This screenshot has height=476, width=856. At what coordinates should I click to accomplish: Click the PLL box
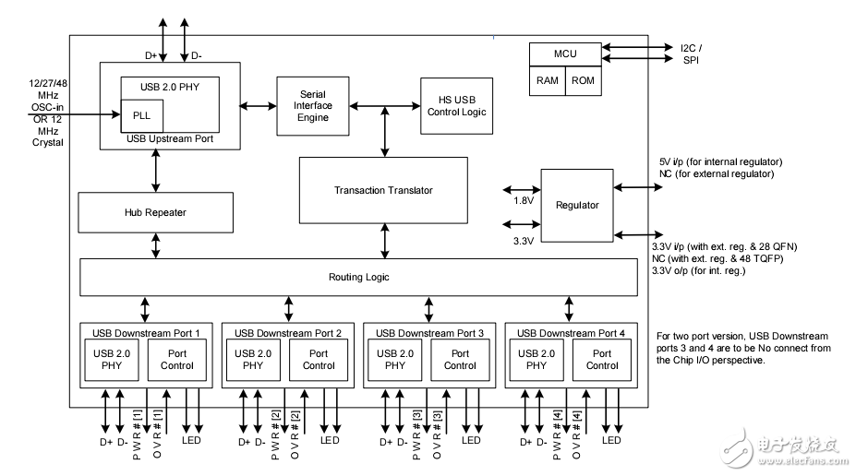pos(142,115)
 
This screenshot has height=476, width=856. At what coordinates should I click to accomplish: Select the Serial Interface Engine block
pos(313,106)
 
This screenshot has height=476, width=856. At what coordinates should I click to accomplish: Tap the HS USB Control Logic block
pos(456,105)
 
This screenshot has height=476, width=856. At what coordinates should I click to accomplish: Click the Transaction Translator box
pos(383,190)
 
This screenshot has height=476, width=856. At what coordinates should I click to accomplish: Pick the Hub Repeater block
pos(155,212)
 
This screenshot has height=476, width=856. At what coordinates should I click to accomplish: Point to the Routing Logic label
pos(359,277)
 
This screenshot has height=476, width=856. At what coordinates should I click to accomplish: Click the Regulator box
pos(577,205)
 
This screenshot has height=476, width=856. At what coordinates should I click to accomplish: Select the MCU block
pos(565,54)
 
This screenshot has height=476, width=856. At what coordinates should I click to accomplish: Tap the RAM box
pos(547,80)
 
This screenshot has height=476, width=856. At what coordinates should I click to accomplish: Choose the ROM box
pos(584,80)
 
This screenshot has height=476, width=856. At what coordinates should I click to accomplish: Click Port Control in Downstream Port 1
pos(176,360)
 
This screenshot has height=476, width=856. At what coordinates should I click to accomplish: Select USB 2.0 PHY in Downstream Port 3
pos(394,360)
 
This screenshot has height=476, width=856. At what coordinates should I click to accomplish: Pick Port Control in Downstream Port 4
pos(602,360)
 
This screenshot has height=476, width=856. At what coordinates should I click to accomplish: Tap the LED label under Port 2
pos(330,441)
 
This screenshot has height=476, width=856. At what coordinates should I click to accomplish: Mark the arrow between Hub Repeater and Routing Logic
pos(155,245)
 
